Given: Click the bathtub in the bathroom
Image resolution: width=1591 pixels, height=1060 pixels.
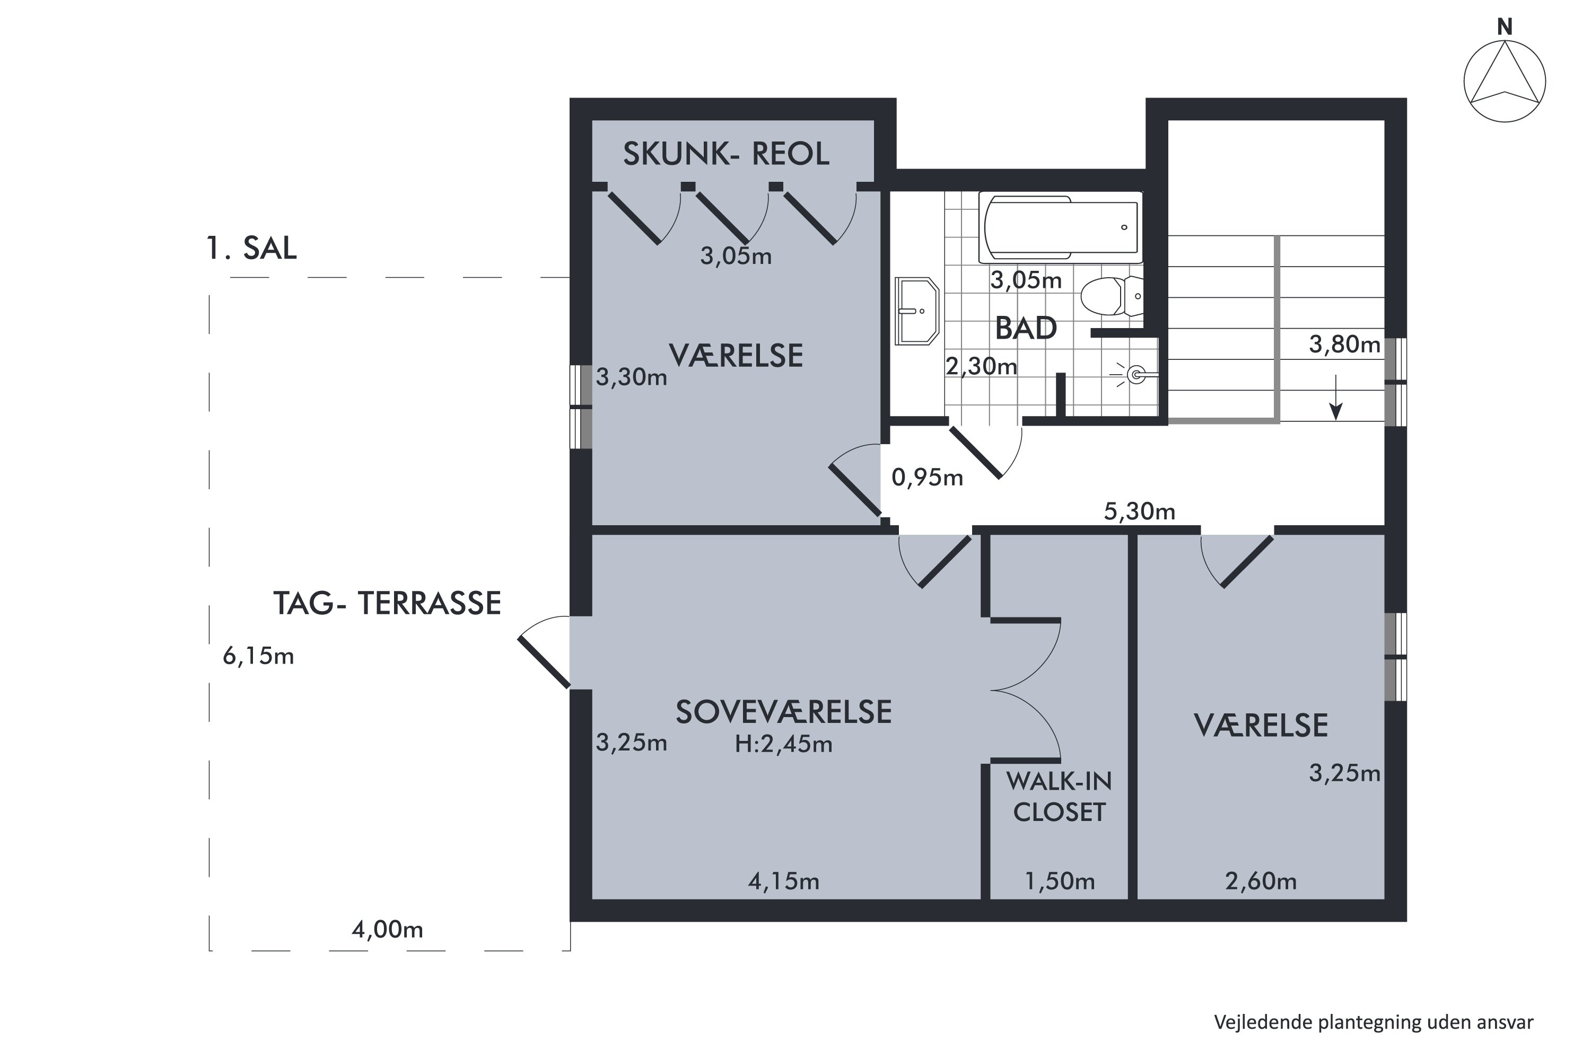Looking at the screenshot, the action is coord(1060,227).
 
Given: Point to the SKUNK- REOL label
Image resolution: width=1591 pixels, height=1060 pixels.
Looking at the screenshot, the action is coord(726,154).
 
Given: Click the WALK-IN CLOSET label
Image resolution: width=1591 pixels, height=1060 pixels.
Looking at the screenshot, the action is coord(1059,797).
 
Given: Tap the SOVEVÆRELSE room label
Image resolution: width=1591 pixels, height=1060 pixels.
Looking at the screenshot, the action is coord(783,712).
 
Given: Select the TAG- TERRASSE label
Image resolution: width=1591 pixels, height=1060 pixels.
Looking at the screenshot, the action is coord(387,603).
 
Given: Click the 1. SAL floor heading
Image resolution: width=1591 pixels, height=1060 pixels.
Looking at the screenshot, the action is coord(251,248).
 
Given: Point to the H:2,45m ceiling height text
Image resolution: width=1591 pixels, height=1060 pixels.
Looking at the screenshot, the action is coord(783,744).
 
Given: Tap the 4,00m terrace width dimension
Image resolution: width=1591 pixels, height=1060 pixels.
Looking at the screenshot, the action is coord(387,930).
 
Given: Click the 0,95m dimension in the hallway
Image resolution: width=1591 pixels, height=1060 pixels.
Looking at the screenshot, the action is coord(926,478).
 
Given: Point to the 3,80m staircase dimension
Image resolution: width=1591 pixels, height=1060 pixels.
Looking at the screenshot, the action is coord(1344,345).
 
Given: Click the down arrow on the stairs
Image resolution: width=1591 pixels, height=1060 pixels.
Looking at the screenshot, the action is coord(1336,400).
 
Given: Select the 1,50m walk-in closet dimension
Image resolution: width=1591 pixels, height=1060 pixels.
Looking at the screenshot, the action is coord(1059,881).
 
